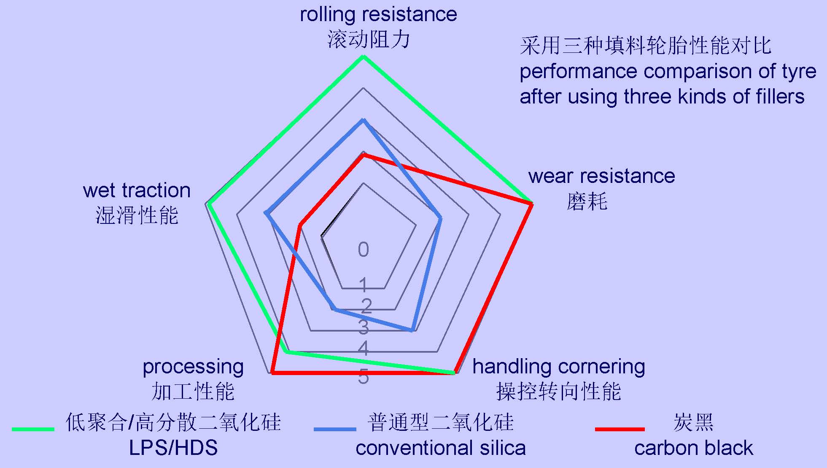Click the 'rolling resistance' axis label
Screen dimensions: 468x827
378,15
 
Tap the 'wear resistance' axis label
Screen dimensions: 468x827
601,176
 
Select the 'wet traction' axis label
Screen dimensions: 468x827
137,190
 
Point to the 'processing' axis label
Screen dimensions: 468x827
193,367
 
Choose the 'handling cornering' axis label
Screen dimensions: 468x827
558,367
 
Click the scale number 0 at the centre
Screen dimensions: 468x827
363,250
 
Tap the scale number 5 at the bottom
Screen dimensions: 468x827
363,377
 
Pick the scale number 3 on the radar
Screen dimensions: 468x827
363,327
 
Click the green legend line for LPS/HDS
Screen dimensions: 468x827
33,429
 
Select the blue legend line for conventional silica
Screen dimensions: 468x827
335,429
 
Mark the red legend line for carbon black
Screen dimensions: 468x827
620,429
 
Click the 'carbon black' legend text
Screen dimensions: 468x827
693,448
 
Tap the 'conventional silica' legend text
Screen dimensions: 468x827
440,448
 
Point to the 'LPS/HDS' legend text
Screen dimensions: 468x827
173,448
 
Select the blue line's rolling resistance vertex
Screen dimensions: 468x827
363,120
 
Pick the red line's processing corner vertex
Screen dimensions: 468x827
273,373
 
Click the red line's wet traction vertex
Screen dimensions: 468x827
300,225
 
